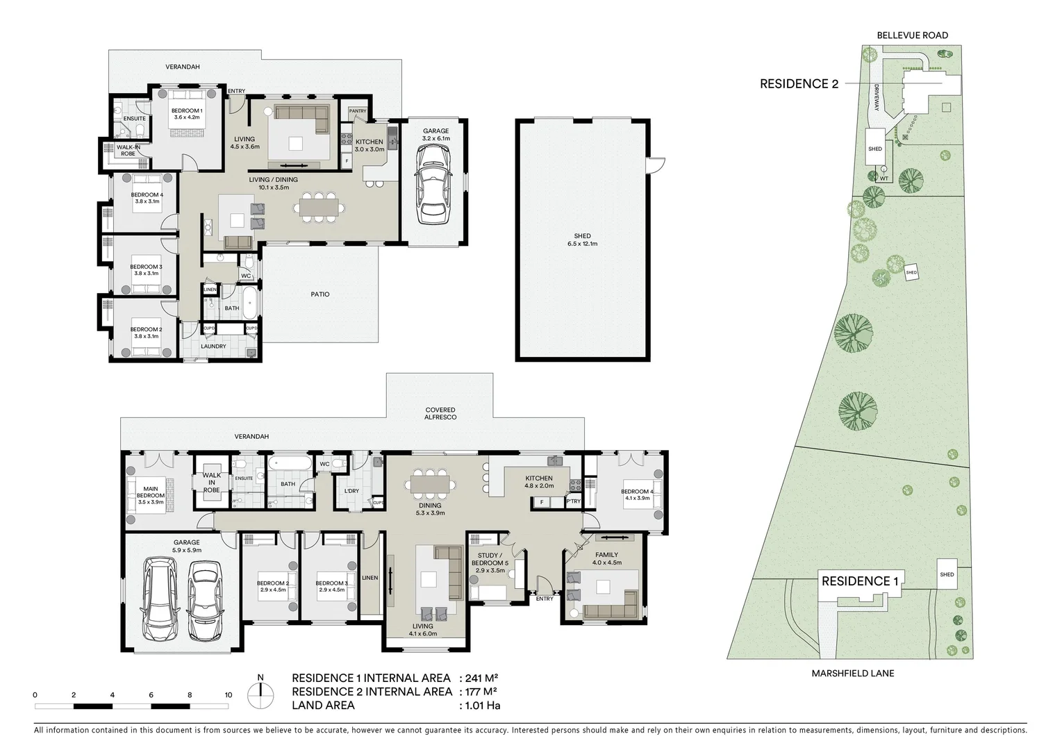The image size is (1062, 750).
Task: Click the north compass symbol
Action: tap(260, 692)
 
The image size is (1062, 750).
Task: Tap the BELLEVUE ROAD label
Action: tap(912, 35)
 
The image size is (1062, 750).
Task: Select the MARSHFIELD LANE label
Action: tap(853, 673)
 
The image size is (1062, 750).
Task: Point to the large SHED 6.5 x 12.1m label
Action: tap(582, 240)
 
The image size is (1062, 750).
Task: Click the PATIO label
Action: tap(320, 294)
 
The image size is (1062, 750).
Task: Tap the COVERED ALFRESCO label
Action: tap(440, 414)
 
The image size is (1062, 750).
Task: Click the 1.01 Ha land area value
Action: tap(479, 706)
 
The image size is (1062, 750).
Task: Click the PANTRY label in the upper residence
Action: tap(358, 111)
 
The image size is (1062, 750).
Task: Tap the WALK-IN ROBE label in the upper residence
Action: tap(128, 150)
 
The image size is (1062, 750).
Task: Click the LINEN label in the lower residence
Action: tap(370, 578)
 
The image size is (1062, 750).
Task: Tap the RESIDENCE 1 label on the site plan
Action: tap(856, 581)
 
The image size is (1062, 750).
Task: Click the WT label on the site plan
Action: tap(883, 178)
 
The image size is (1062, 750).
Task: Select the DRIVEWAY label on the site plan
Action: tap(877, 98)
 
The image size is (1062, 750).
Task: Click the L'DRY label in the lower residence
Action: tap(351, 491)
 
